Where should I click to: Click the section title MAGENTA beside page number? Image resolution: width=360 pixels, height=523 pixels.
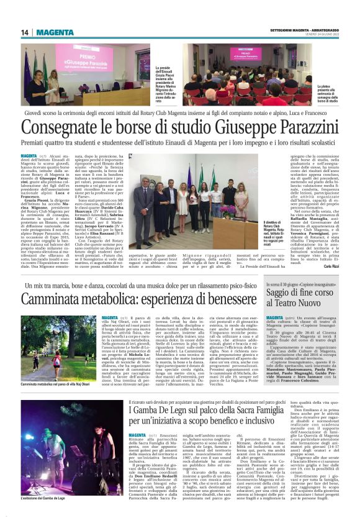pos(53,32)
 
